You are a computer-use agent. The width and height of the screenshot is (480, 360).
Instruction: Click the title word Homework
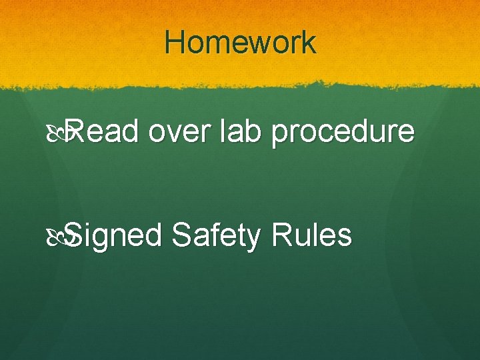click(240, 43)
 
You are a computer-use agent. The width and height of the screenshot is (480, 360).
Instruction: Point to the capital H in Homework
click(175, 43)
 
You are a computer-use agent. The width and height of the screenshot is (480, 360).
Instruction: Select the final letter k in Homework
click(309, 43)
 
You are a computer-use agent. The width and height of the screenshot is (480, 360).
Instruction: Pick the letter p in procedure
click(280, 136)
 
